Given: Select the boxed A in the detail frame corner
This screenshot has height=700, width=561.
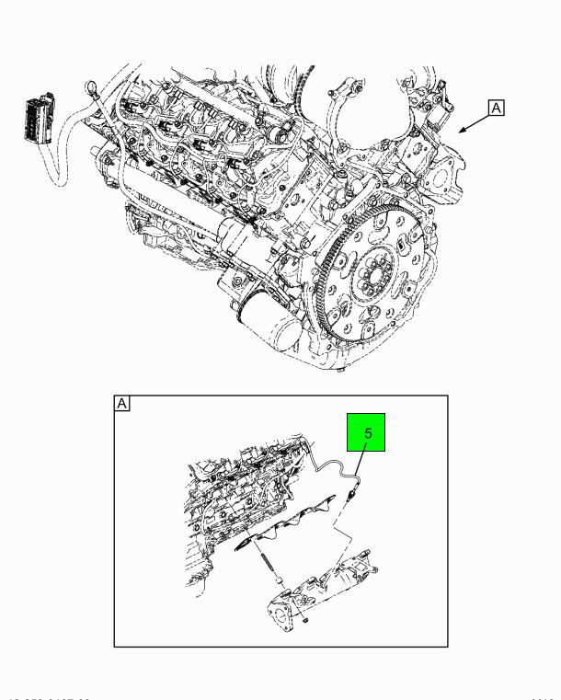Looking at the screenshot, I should pos(121,403).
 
